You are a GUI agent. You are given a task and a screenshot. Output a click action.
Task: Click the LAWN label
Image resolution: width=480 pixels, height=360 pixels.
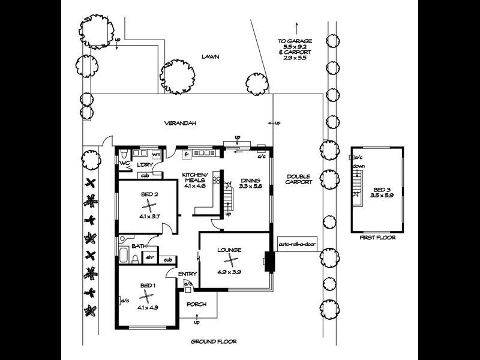pos(209,58)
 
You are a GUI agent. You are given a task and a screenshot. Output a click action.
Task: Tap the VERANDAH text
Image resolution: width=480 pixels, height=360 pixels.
pos(181,123)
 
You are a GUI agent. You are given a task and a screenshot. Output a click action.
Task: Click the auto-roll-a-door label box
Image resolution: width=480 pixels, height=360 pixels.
pos(297,245)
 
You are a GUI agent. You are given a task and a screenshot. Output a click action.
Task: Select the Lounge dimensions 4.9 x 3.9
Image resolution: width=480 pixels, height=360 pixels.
pos(229,272)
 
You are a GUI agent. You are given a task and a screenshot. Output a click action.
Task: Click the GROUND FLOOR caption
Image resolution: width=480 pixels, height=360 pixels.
pos(213,341)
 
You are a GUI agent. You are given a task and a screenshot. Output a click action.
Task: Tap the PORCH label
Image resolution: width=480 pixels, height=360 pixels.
pos(196,304)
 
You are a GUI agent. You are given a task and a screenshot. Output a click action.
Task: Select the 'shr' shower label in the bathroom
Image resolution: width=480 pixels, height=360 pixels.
pos(150,257)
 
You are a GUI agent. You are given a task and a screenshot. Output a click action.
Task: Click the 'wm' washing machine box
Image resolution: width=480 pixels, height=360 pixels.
pos(155,155)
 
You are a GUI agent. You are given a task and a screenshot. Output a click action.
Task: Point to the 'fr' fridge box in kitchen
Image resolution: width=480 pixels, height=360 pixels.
pos(187,154)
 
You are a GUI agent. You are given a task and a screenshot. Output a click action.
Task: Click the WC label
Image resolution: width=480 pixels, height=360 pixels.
pos(124,163)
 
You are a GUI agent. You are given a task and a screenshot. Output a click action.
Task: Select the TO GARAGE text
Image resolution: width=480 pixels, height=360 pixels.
pos(295,41)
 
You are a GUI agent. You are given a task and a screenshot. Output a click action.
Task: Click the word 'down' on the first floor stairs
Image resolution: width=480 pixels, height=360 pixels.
pos(358,166)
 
